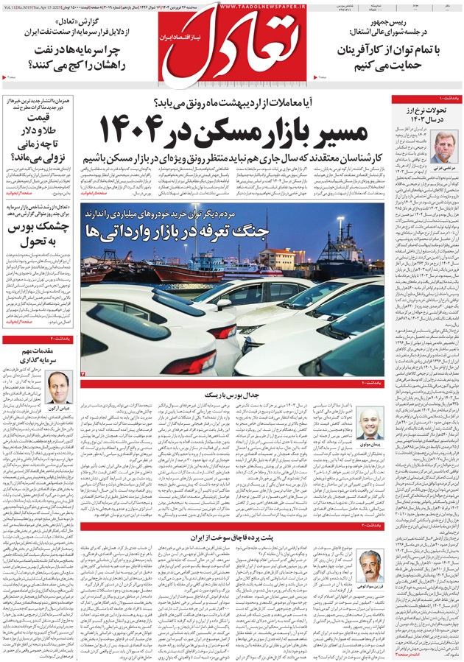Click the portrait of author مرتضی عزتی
[444, 147]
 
